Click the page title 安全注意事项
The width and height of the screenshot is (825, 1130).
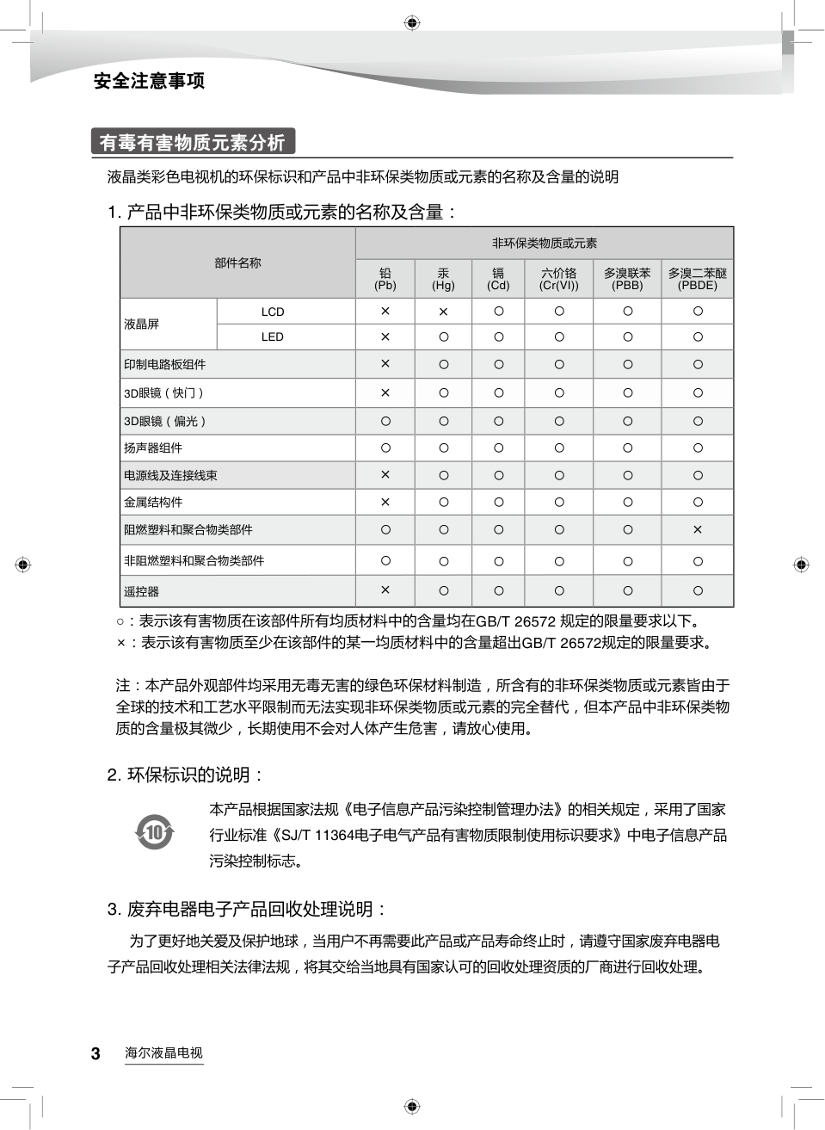[149, 81]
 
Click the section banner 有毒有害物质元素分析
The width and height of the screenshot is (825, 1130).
[192, 142]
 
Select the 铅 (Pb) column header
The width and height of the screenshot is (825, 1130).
[385, 279]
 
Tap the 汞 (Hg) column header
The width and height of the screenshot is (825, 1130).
[443, 279]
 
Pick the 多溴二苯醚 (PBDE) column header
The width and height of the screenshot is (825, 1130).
[697, 279]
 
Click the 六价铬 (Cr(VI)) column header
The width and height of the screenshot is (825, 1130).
[558, 279]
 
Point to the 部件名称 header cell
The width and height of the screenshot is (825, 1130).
[237, 263]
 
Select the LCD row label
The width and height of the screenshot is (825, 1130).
[273, 312]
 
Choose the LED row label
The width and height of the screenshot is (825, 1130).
[273, 337]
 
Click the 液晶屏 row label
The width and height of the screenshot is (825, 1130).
[142, 324]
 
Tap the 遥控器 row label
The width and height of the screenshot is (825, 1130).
[142, 591]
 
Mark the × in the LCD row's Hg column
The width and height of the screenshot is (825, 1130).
[443, 312]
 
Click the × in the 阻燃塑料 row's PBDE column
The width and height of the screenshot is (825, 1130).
[697, 529]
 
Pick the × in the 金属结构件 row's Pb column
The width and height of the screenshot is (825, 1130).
[385, 502]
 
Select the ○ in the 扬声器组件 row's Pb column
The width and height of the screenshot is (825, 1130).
[385, 448]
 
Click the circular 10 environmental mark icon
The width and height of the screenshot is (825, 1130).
[155, 832]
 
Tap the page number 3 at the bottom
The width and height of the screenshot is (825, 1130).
[95, 1053]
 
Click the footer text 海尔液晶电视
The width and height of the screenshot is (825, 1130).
[163, 1053]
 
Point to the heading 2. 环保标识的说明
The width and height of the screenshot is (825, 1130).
[185, 775]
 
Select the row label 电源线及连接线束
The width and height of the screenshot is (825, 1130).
[170, 475]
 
